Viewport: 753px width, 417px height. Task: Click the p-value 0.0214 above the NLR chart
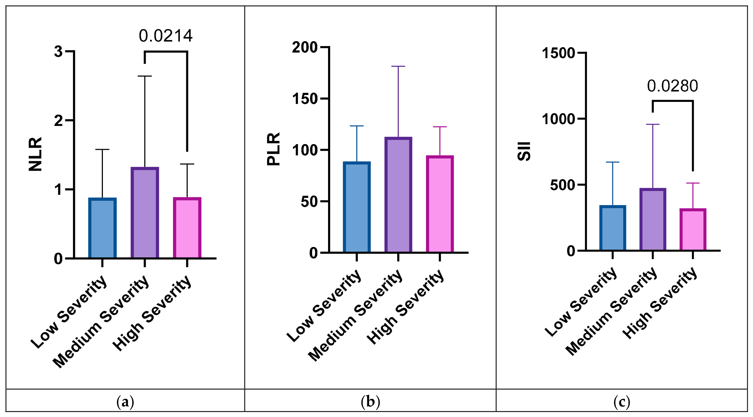[x=166, y=36]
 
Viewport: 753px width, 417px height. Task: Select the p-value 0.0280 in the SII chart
[x=672, y=86]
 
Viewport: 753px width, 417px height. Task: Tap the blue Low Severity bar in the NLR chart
[x=103, y=228]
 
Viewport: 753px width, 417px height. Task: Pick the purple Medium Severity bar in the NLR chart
[x=145, y=213]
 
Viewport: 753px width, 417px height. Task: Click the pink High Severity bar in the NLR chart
[x=187, y=227]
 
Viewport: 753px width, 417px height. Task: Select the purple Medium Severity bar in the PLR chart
[x=398, y=195]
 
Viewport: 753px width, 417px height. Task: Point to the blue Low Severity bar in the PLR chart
[x=357, y=207]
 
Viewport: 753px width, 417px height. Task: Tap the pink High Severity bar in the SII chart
[x=693, y=230]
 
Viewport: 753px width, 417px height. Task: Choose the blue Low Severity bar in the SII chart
[x=613, y=228]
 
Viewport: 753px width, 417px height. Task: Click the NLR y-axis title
[x=35, y=154]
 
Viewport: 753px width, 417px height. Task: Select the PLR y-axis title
[x=273, y=149]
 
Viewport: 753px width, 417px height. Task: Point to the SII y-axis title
[x=524, y=152]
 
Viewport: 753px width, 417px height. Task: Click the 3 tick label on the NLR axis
[x=58, y=51]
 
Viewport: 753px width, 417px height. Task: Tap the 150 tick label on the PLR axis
[x=305, y=99]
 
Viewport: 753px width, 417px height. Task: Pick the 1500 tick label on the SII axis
[x=558, y=53]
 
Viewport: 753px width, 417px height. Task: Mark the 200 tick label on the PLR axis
[x=305, y=47]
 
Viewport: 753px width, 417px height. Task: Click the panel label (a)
[x=125, y=402]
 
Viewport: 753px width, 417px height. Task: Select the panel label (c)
[x=622, y=402]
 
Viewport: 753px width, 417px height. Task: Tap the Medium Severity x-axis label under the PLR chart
[x=355, y=315]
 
